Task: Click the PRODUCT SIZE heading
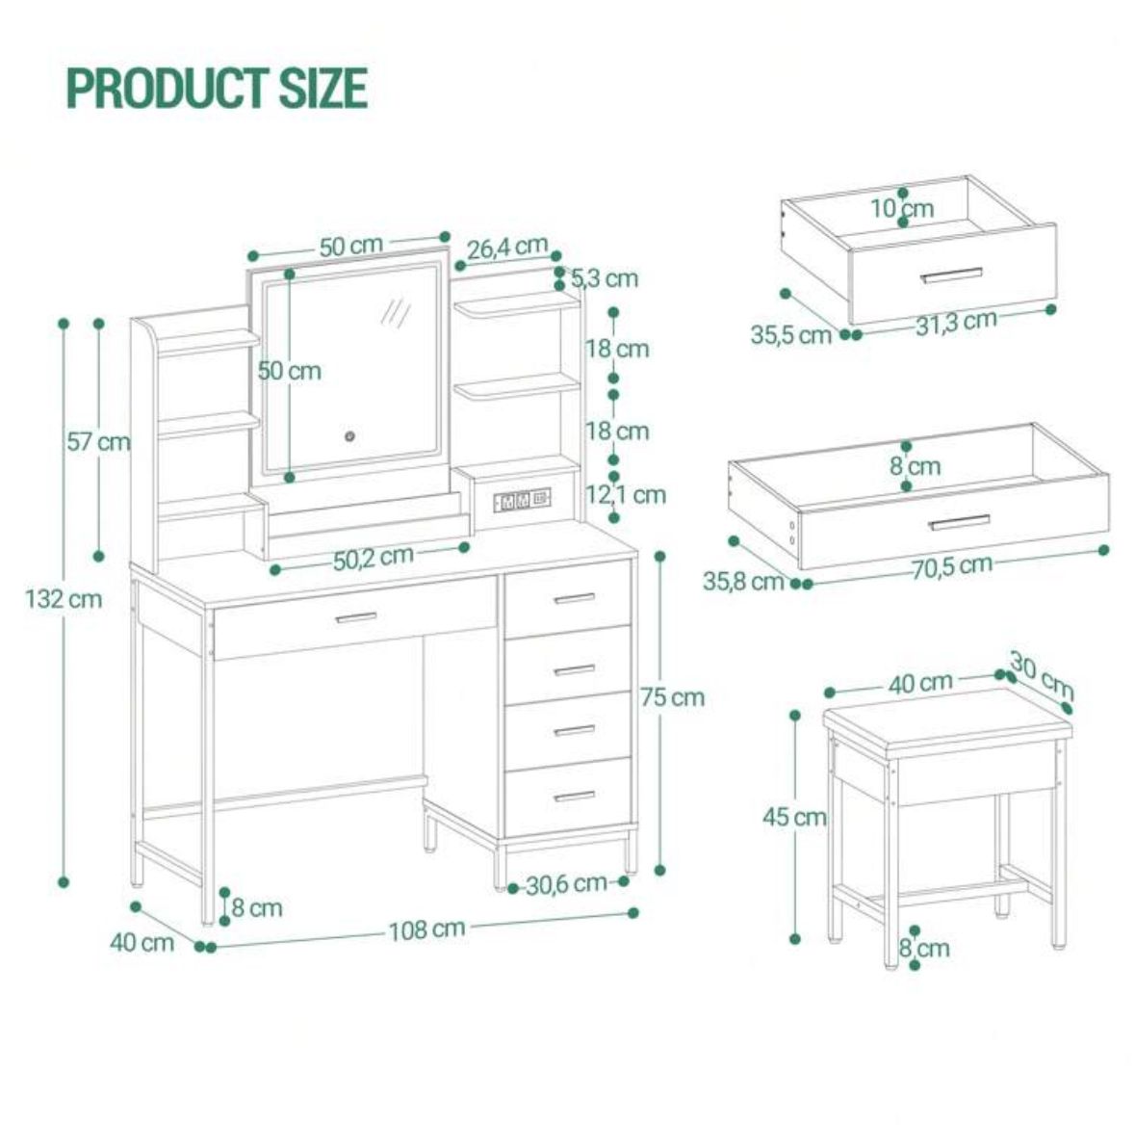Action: click(217, 88)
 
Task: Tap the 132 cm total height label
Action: click(63, 598)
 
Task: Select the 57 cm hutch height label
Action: click(97, 442)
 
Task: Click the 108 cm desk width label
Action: click(426, 929)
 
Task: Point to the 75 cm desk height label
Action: click(672, 696)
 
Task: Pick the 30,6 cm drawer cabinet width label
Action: click(566, 883)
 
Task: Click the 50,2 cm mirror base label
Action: click(373, 558)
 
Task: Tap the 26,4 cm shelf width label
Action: click(507, 248)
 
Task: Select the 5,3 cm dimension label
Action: click(605, 278)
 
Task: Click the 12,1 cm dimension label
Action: click(626, 494)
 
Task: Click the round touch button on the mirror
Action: click(350, 437)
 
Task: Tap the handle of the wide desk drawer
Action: click(356, 616)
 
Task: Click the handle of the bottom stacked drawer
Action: click(575, 797)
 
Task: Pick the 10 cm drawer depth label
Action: click(902, 207)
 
